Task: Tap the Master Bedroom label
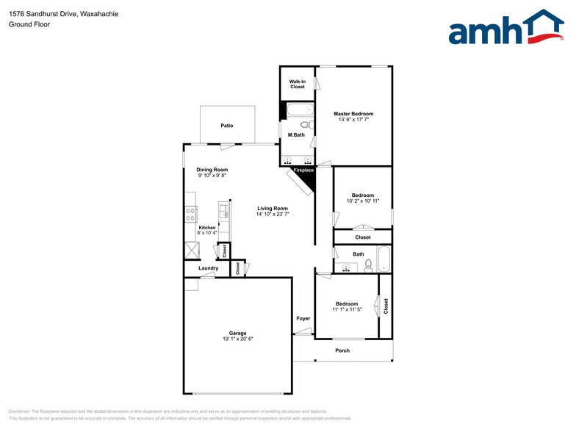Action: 353,114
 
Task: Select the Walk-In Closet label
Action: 297,84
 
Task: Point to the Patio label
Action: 227,126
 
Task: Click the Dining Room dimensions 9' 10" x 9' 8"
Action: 212,176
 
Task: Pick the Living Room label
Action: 272,208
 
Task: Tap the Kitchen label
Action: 207,228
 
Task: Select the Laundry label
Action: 208,268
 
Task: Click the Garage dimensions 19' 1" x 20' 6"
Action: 237,339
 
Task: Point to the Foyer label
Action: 303,318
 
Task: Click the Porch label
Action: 342,350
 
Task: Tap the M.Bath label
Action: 296,135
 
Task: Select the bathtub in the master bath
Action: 298,111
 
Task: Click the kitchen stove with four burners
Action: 190,215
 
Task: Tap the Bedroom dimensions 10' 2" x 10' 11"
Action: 363,201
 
